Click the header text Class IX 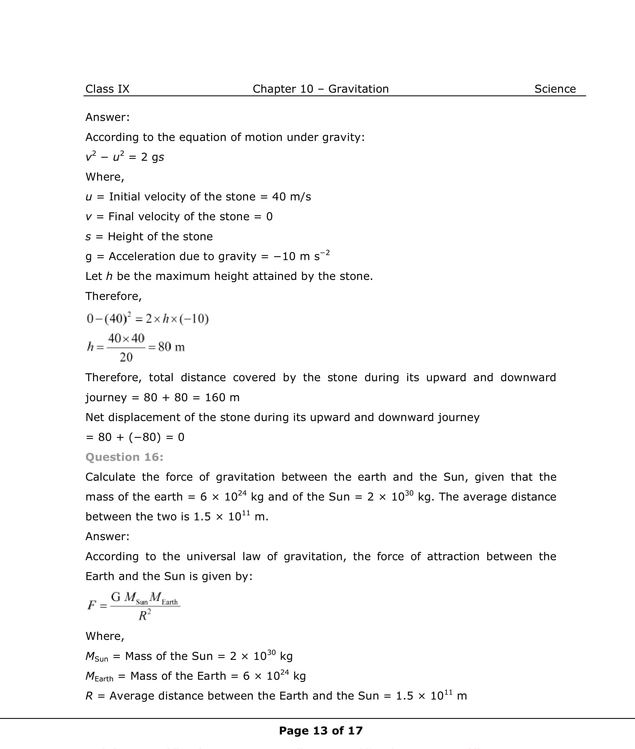click(x=107, y=89)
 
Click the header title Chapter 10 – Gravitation click(x=320, y=89)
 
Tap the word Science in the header click(x=555, y=89)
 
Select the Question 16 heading click(x=124, y=457)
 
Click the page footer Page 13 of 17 click(x=320, y=731)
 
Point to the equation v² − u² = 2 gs click(x=124, y=157)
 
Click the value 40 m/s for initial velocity click(x=291, y=197)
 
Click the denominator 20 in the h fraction click(x=126, y=357)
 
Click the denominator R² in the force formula click(x=144, y=616)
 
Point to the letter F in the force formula click(x=91, y=605)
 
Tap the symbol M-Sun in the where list click(x=97, y=656)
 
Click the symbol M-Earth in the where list click(x=99, y=676)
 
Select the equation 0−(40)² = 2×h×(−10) click(x=147, y=318)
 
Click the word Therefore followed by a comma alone click(x=113, y=296)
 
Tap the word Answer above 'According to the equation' click(x=107, y=117)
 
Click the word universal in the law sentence click(x=211, y=557)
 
